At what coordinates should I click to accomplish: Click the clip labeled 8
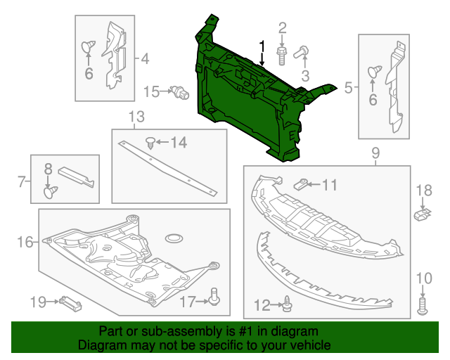pos(49,190)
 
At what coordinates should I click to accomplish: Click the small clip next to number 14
pos(150,143)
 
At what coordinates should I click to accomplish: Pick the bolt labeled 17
pos(215,300)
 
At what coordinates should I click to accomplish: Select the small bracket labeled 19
pos(72,303)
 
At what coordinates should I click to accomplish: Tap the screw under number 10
pos(423,304)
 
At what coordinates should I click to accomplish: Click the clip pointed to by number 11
pos(300,185)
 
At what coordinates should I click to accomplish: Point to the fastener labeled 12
pos(288,304)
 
